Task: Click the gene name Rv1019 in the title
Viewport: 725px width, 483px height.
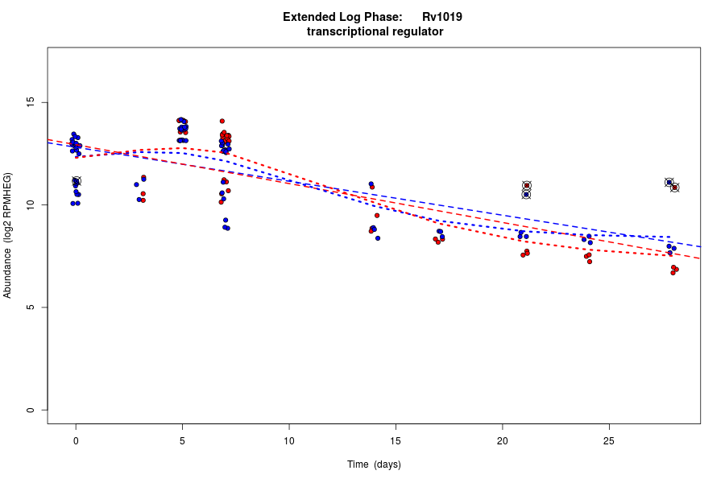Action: click(x=442, y=17)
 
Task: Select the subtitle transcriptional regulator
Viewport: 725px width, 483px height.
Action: click(x=375, y=32)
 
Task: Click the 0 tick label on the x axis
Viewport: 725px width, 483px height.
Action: click(x=76, y=440)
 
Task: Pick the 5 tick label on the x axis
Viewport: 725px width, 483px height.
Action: click(x=182, y=440)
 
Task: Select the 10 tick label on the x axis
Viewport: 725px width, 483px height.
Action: click(x=288, y=440)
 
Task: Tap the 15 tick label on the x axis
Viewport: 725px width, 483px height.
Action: click(x=396, y=440)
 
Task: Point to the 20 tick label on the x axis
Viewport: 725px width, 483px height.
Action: click(x=502, y=440)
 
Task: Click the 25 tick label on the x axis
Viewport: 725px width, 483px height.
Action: click(x=609, y=440)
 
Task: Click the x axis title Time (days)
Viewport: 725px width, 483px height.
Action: click(x=374, y=464)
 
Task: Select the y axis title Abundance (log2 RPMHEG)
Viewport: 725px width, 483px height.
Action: click(x=8, y=235)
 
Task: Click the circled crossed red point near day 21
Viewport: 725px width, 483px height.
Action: click(x=526, y=186)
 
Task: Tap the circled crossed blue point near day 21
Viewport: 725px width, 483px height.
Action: click(x=526, y=194)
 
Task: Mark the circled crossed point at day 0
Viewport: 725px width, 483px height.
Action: click(x=77, y=181)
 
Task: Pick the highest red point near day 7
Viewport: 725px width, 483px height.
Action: click(x=222, y=121)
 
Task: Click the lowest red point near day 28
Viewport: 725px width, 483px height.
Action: click(x=673, y=273)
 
